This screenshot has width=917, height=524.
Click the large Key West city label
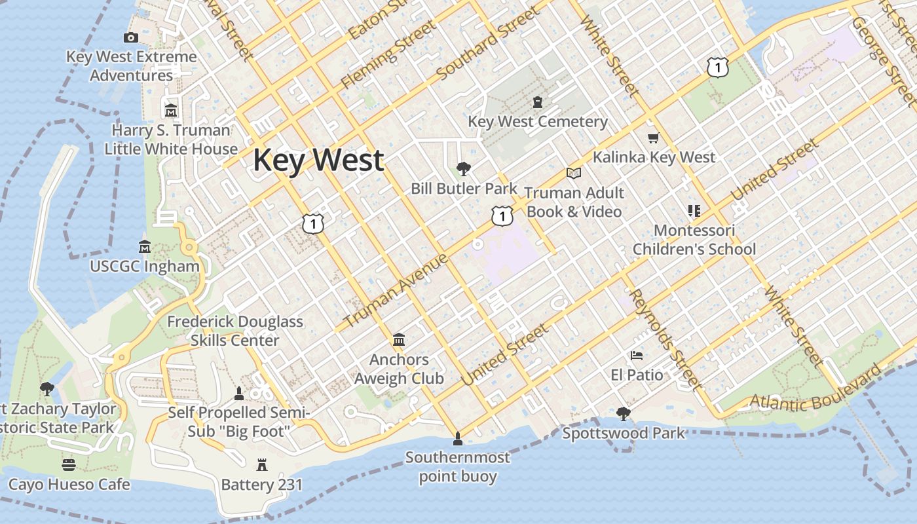pos(318,160)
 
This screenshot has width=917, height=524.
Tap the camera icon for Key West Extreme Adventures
pos(131,37)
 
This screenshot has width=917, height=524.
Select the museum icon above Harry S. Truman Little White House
pos(171,109)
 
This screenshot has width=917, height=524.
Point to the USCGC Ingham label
pos(145,267)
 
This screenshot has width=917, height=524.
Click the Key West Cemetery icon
pos(538,102)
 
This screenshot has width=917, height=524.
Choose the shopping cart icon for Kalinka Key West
pos(653,138)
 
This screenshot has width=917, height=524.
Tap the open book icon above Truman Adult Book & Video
pos(574,173)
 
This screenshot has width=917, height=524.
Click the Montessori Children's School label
pos(694,240)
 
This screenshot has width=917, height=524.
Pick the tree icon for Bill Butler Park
pos(464,169)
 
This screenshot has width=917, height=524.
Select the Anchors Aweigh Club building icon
pos(399,339)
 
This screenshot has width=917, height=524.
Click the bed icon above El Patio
pos(637,356)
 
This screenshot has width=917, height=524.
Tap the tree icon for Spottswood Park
pos(623,413)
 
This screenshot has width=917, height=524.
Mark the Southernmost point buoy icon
pos(457,438)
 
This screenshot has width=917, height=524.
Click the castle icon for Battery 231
pos(262,465)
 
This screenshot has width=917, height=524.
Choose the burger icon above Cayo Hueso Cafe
pos(69,465)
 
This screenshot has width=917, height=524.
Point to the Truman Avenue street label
pos(396,290)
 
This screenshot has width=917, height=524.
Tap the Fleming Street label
pos(388,54)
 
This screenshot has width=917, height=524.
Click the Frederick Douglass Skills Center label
pos(235,331)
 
